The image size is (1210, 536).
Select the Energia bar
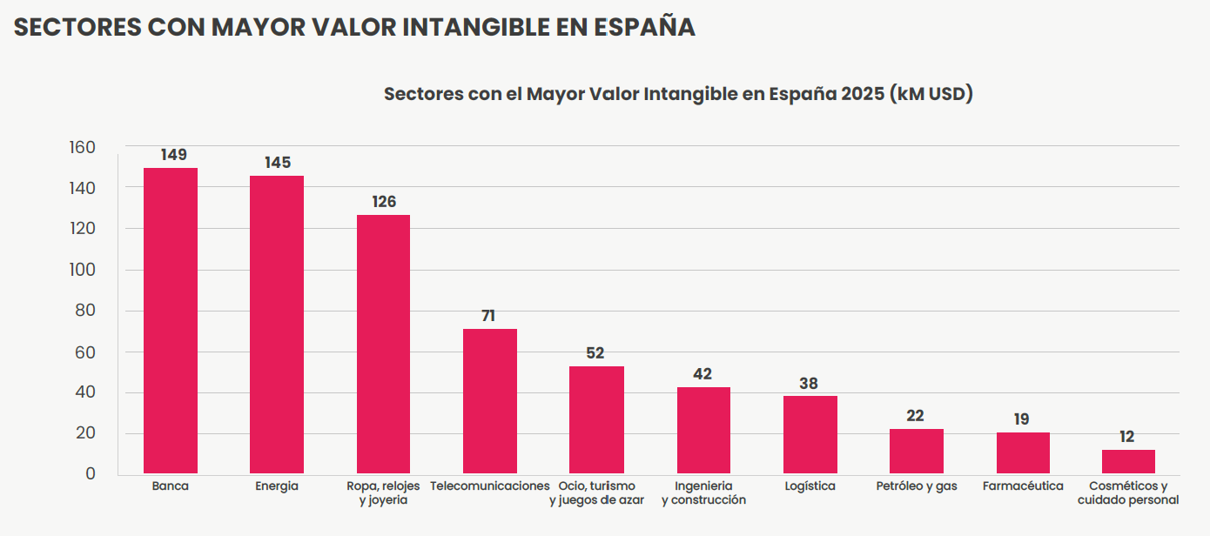click(277, 325)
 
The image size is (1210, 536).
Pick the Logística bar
click(810, 434)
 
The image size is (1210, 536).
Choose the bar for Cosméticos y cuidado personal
click(1128, 461)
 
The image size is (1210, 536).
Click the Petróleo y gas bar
click(917, 451)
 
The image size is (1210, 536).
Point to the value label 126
click(384, 202)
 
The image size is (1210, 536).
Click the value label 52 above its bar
click(595, 353)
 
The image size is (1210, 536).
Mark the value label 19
click(1022, 419)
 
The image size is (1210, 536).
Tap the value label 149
click(173, 155)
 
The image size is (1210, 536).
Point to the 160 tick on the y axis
click(82, 147)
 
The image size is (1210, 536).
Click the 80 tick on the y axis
click(86, 311)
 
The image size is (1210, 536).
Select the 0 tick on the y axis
click(91, 474)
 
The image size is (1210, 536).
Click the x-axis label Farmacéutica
click(1023, 486)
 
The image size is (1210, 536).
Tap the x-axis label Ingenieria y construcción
click(703, 492)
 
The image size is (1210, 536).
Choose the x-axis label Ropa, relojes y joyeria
click(383, 492)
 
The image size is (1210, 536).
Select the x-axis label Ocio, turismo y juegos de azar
click(596, 492)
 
